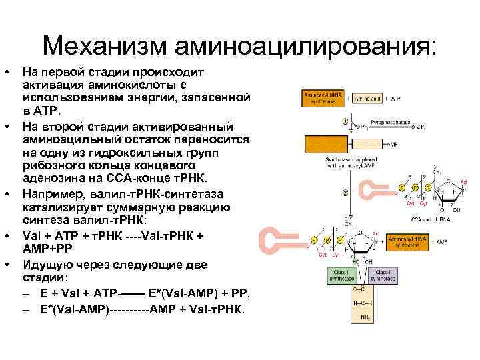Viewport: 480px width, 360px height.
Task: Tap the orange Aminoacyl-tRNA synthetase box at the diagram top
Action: [x=323, y=98]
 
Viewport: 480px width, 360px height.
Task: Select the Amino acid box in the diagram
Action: [x=367, y=98]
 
